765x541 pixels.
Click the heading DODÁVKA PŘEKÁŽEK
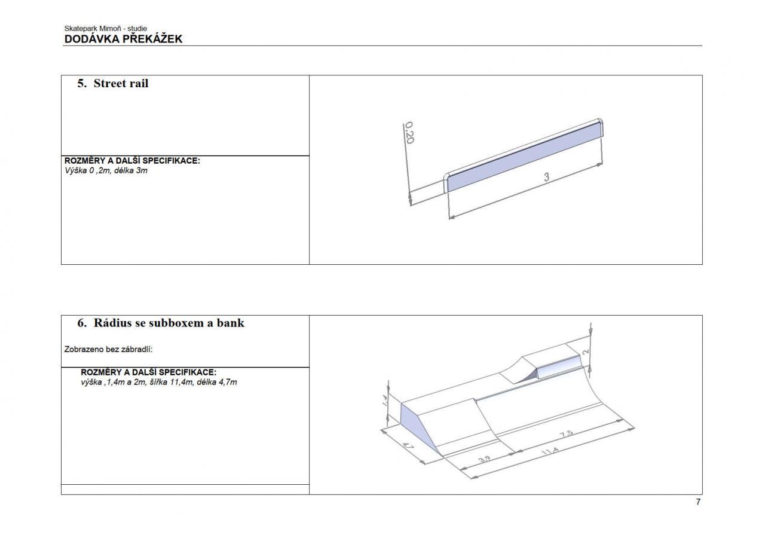coord(123,39)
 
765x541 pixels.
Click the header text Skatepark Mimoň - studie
coord(106,28)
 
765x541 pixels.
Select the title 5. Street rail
coord(113,83)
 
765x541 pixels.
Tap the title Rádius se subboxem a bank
coord(169,323)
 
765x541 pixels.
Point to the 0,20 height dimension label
coord(409,133)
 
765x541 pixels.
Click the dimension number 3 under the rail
coord(546,177)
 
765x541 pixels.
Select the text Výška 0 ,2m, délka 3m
coord(106,170)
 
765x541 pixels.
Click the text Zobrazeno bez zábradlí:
coord(108,349)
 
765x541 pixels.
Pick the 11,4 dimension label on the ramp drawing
coord(550,451)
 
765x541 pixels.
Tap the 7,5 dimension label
coord(566,434)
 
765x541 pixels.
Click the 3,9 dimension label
coord(484,459)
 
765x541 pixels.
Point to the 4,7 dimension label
coord(408,446)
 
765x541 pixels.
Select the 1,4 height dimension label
coord(385,401)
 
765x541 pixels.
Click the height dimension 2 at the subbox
coord(586,352)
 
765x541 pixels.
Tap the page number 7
coord(698,502)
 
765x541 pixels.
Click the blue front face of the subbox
coord(559,368)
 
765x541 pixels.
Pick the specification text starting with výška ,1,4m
coord(159,382)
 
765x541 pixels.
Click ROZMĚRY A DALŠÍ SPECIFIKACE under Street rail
coord(132,161)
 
